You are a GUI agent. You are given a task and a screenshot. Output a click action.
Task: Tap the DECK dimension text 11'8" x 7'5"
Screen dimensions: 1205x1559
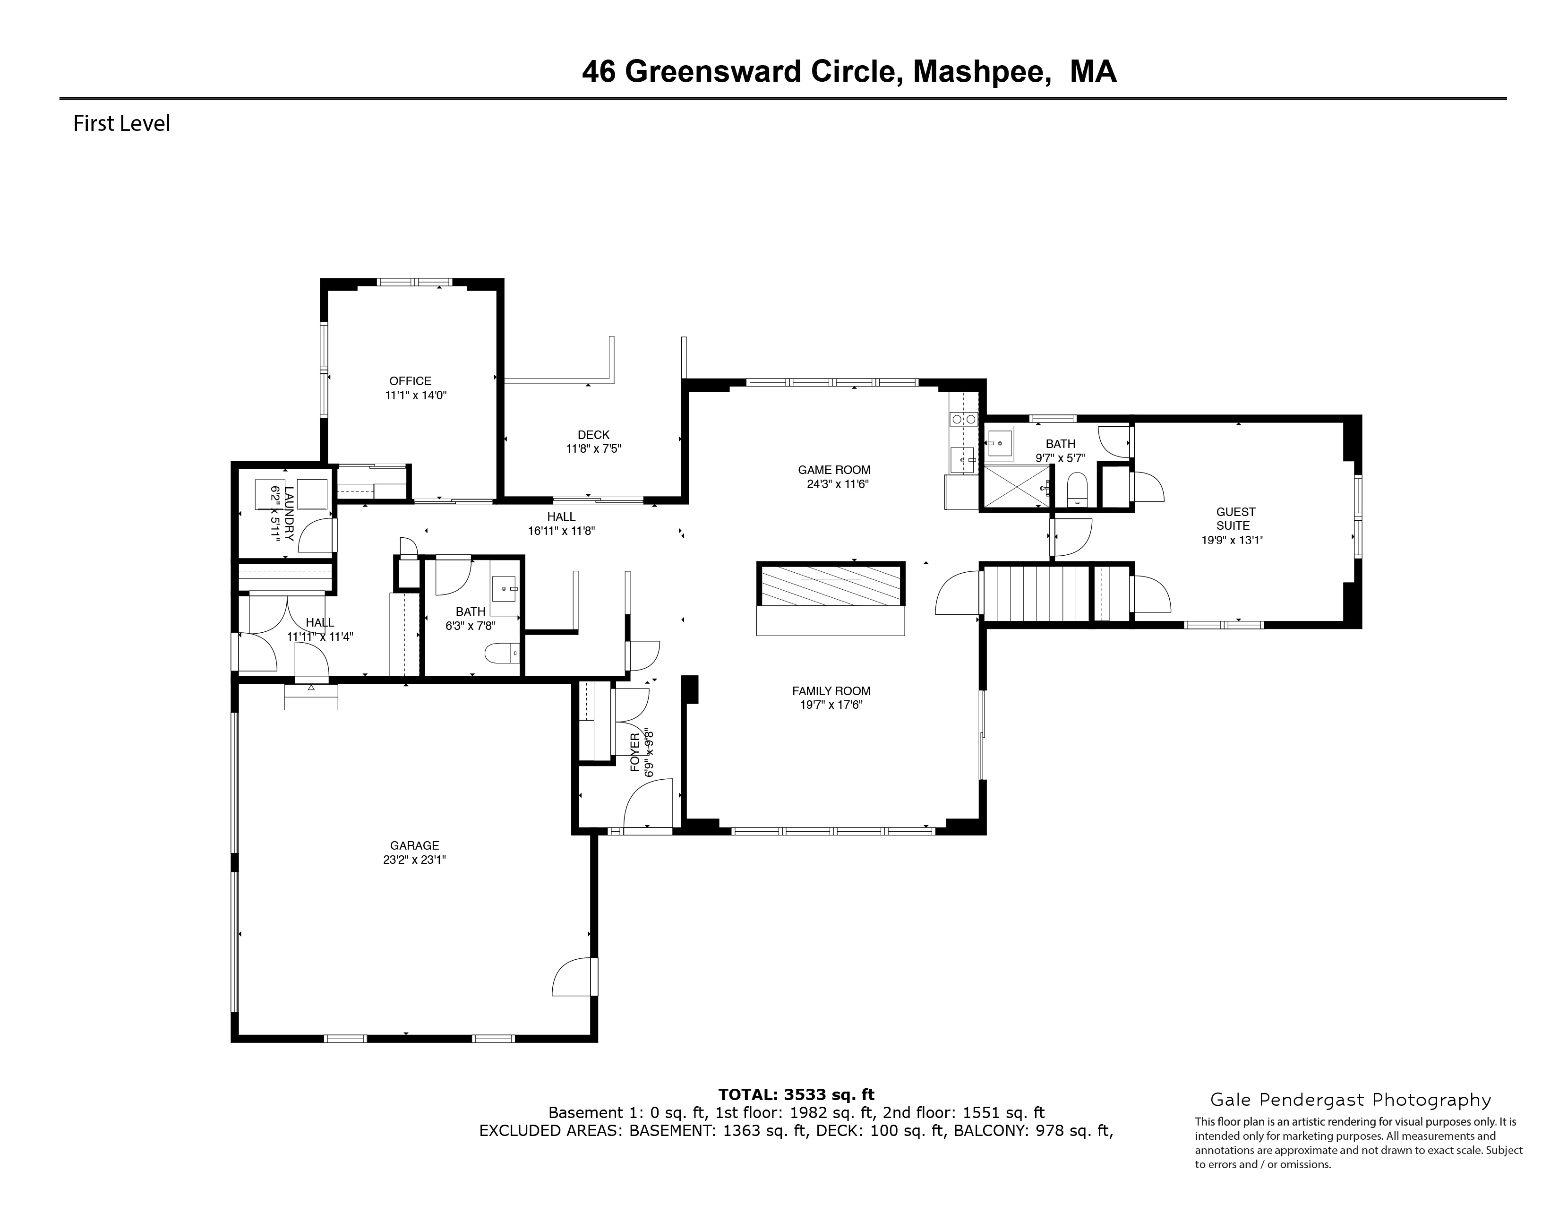(x=593, y=449)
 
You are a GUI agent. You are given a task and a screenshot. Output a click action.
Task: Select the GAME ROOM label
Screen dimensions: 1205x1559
(x=834, y=470)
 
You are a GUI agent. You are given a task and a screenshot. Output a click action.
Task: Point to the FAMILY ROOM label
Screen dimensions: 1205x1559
(x=831, y=690)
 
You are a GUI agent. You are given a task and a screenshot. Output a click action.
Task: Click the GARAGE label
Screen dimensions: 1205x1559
(x=414, y=845)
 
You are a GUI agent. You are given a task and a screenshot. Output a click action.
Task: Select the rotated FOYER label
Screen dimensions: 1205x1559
(x=634, y=753)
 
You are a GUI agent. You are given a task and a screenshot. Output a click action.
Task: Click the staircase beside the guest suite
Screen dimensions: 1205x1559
(x=1035, y=593)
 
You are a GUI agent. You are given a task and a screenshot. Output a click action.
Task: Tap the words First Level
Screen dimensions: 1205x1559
(x=121, y=123)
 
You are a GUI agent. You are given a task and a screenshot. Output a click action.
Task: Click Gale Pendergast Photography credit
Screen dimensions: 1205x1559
(x=1350, y=1100)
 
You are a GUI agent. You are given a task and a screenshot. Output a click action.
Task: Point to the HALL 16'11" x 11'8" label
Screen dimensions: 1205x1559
(x=561, y=524)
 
